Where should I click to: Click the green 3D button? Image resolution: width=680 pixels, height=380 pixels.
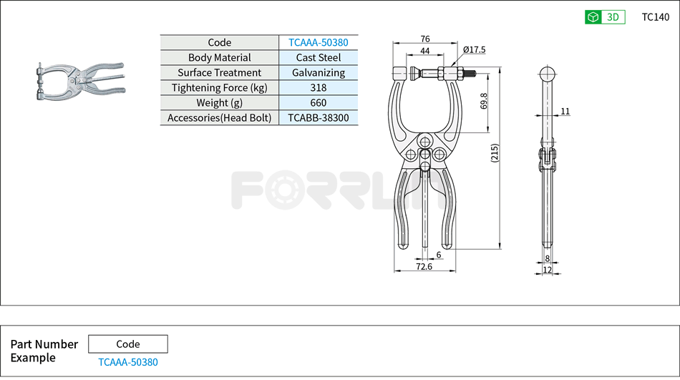point(605,17)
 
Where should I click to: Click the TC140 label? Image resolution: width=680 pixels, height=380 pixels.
point(655,17)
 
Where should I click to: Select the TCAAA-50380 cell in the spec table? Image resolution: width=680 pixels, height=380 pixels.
point(318,42)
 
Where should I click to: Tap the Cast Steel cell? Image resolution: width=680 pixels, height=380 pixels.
point(318,57)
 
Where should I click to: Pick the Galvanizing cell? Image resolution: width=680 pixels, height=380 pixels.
point(318,72)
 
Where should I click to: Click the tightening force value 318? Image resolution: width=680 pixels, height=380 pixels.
point(318,87)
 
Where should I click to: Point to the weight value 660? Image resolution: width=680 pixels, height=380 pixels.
point(318,102)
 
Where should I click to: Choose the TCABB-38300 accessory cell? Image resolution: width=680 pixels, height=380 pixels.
point(318,117)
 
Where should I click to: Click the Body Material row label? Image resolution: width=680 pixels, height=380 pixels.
point(219,57)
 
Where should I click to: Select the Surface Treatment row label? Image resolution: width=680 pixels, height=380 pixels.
point(219,72)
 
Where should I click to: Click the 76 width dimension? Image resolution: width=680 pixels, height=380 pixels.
point(425,39)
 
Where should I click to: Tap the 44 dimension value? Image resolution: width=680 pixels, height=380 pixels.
point(425,51)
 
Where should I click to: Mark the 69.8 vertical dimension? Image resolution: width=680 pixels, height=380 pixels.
point(484,101)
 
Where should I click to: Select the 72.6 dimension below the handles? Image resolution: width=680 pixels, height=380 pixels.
point(424,266)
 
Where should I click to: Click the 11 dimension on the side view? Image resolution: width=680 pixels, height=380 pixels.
point(565,111)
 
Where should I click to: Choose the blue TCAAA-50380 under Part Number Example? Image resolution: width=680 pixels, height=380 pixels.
point(128,362)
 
